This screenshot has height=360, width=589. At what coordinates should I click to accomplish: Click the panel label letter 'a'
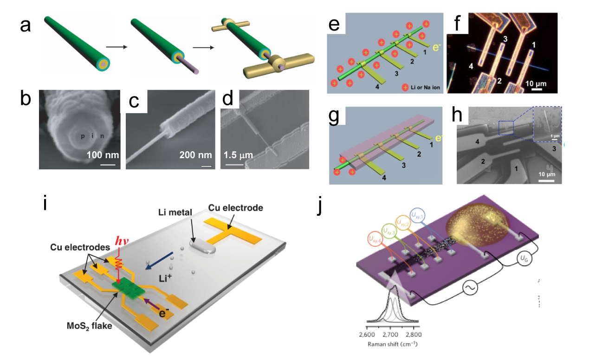[25, 26]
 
